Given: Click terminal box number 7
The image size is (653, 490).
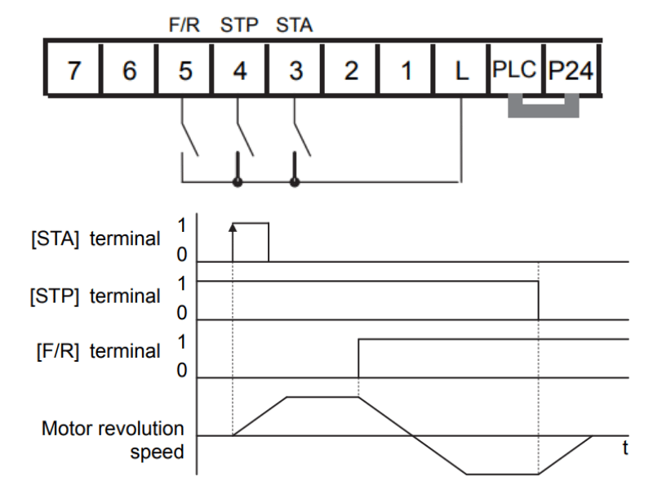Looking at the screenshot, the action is click(x=73, y=69).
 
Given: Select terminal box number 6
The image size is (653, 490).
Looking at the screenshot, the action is click(x=129, y=69).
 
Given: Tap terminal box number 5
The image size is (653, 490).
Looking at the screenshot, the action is click(x=184, y=69).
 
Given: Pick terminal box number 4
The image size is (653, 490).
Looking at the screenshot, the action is click(x=239, y=69).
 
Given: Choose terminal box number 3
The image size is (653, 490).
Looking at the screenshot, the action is click(x=295, y=69).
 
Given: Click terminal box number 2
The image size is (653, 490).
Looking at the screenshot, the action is click(x=350, y=69).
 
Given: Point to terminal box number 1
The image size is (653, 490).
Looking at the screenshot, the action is click(x=406, y=69).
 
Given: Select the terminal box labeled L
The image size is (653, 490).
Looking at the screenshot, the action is click(x=461, y=69).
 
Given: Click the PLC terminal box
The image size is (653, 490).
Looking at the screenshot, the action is click(x=516, y=69).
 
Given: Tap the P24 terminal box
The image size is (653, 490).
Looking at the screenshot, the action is click(x=571, y=69).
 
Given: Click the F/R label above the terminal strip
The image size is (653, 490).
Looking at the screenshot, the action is click(x=184, y=25).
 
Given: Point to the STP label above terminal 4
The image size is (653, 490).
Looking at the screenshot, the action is click(x=239, y=25).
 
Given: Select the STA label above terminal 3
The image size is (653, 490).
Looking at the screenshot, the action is click(x=295, y=25).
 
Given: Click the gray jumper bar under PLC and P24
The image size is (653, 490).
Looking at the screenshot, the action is click(x=544, y=111).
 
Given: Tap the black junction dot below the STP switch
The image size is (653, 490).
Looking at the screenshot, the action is click(x=238, y=182).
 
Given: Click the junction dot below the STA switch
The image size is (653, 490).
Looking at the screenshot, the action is click(x=295, y=182).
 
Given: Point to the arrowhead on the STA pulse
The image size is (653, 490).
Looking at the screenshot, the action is click(x=233, y=227).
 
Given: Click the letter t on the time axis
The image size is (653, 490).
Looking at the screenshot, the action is click(x=625, y=448).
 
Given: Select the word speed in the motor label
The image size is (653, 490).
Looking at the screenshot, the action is click(x=157, y=452).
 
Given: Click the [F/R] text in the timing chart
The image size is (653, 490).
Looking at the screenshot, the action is click(x=58, y=351).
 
